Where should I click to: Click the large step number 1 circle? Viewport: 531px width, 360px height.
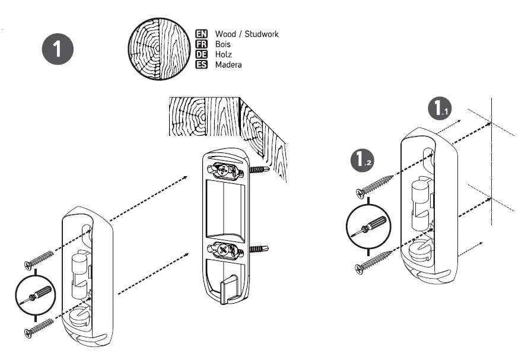pyautogui.click(x=58, y=49)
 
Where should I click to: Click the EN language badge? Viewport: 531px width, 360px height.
pyautogui.click(x=201, y=34)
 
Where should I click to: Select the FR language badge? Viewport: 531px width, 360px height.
pyautogui.click(x=201, y=44)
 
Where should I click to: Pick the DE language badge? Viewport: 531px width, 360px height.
pyautogui.click(x=201, y=55)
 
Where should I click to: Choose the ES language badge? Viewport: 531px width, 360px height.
pyautogui.click(x=201, y=65)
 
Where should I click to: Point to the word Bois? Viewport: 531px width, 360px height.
pyautogui.click(x=222, y=44)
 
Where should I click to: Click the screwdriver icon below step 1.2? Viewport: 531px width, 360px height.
pyautogui.click(x=368, y=227)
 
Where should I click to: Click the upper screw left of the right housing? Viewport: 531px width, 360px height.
pyautogui.click(x=374, y=185)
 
